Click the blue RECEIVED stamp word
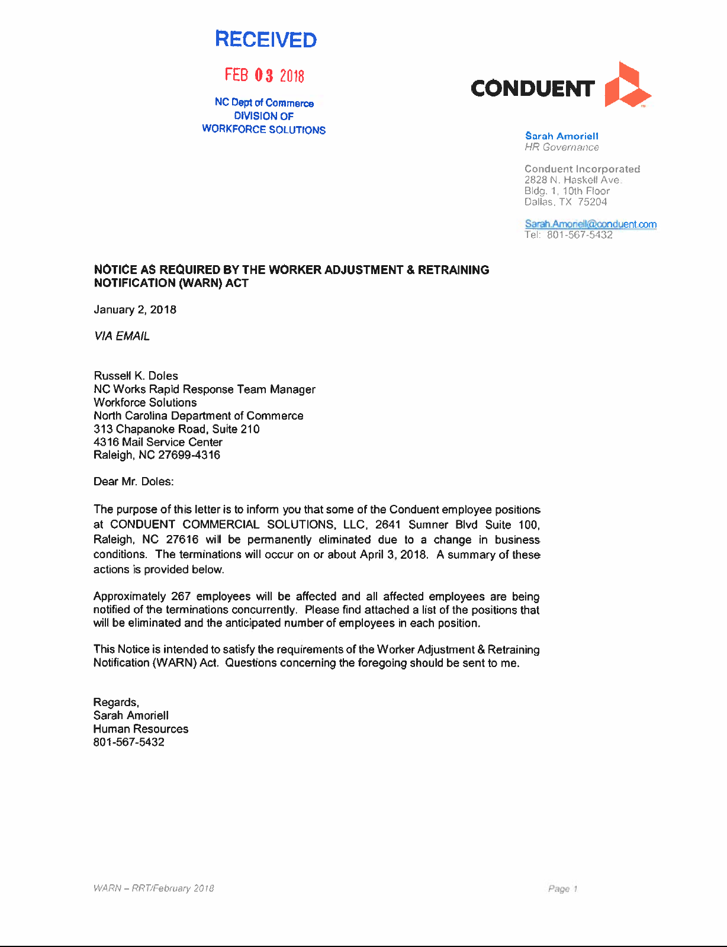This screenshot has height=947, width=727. click(266, 40)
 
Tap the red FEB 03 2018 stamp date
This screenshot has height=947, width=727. click(264, 75)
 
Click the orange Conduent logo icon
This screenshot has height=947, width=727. click(626, 85)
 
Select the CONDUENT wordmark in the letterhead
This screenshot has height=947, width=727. click(532, 89)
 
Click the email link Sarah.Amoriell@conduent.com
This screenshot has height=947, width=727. click(590, 224)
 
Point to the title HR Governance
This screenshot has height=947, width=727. click(561, 147)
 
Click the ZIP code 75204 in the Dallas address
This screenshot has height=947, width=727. click(593, 202)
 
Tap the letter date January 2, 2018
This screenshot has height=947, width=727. click(135, 310)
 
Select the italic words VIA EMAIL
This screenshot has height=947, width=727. click(121, 336)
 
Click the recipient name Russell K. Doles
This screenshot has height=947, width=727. click(136, 376)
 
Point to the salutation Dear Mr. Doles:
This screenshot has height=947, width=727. click(133, 481)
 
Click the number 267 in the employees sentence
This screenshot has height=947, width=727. click(181, 596)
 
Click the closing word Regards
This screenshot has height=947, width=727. click(115, 702)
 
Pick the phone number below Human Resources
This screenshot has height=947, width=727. click(128, 742)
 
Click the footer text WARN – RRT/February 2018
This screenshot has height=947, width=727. click(153, 888)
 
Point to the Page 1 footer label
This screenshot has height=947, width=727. click(562, 888)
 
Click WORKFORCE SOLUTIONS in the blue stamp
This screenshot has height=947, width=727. click(263, 130)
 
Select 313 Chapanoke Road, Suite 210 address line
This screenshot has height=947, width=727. click(176, 429)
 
